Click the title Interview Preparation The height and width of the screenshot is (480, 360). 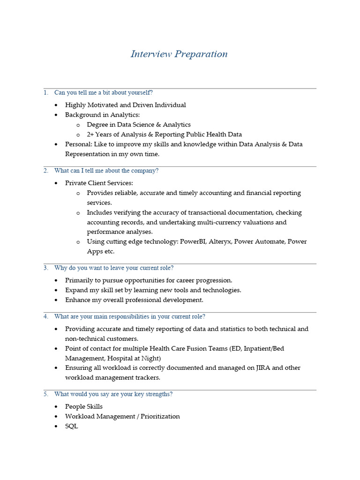(179, 54)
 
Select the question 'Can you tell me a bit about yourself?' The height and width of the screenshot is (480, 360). (103, 93)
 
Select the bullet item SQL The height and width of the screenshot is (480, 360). (72, 426)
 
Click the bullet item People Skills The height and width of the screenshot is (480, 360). (84, 406)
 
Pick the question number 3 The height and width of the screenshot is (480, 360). (46, 268)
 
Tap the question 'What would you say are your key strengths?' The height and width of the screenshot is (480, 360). (113, 394)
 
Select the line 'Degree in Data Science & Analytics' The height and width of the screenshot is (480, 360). (139, 125)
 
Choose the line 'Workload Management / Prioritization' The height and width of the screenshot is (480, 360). (122, 416)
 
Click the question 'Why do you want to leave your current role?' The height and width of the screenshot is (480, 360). (114, 268)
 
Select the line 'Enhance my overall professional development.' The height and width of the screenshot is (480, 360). (134, 300)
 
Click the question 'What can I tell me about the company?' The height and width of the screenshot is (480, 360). (106, 171)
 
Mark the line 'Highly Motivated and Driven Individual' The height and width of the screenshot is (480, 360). (125, 105)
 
